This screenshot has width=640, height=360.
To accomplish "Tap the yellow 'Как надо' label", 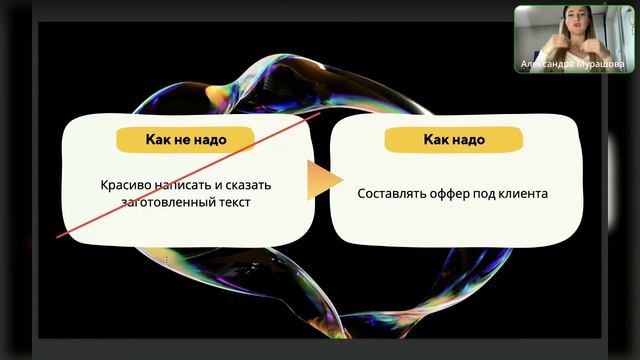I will tap(454, 139).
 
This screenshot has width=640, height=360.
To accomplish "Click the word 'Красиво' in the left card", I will tap(124, 185).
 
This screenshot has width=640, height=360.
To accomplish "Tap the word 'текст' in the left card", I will tap(227, 202).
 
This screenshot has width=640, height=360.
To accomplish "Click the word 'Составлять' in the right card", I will tap(392, 193).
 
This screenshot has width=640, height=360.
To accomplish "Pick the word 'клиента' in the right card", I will tap(523, 193).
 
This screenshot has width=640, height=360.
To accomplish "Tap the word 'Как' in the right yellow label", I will tap(436, 139).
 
